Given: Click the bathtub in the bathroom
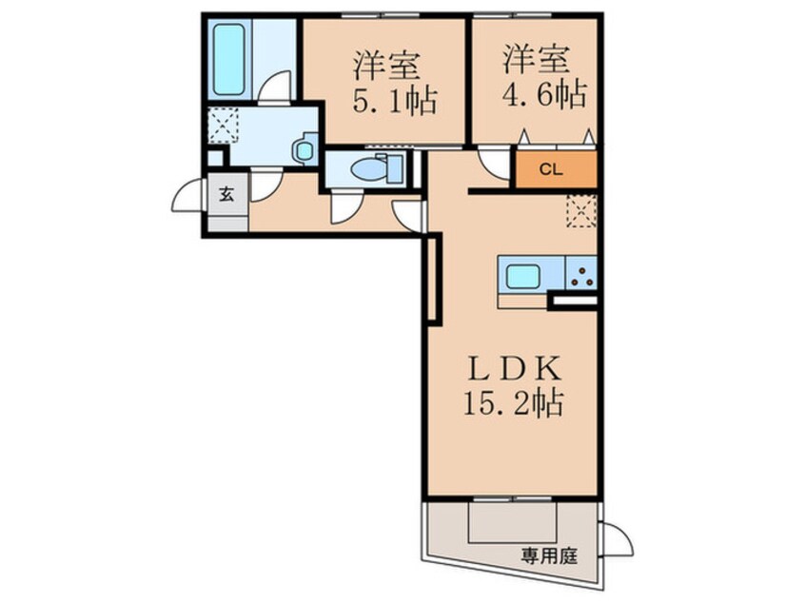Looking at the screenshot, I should click(228, 60).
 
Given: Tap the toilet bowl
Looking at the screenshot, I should click(365, 169).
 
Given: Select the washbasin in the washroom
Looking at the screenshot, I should click(304, 150).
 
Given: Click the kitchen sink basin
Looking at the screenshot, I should click(521, 277).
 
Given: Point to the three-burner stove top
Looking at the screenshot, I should click(580, 277).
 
